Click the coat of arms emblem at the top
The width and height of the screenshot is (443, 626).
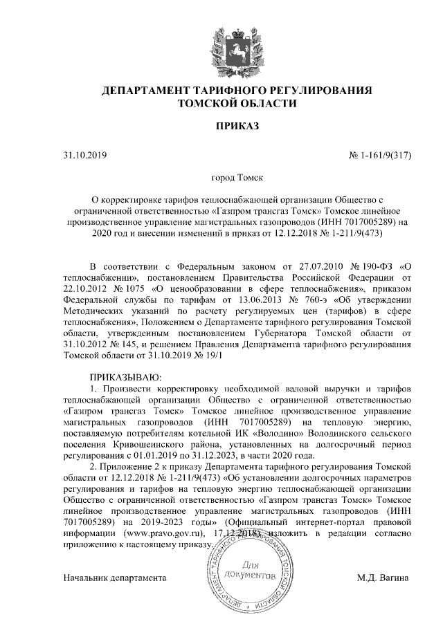(x=237, y=44)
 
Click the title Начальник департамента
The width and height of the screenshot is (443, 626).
(x=115, y=577)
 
